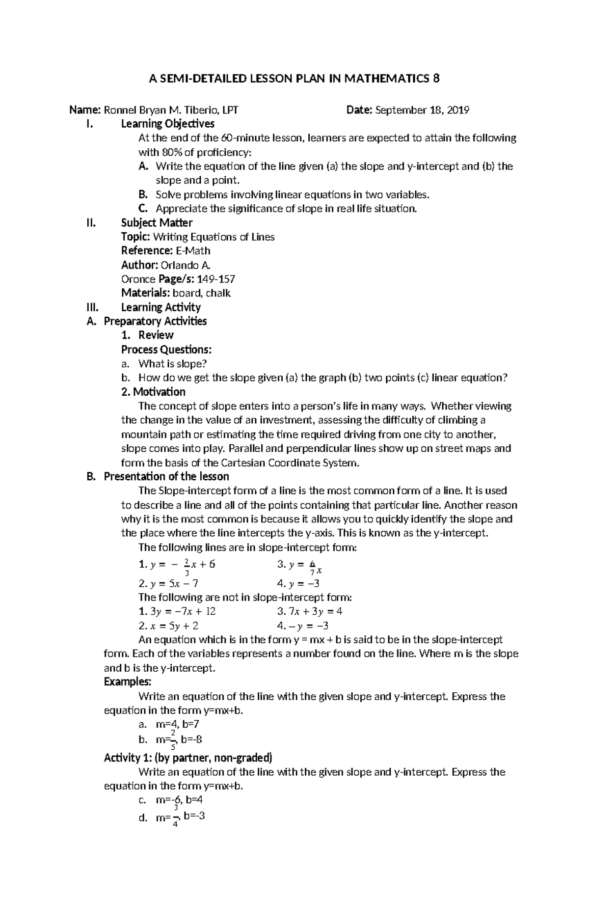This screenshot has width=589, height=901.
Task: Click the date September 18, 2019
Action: coord(422,110)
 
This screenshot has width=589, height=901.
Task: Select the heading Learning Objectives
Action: coord(167,123)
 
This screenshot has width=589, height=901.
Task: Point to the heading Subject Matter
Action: coord(157,222)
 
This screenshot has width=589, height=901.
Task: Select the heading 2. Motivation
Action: coord(153,392)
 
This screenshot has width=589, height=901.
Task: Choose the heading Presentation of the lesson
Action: coord(166,476)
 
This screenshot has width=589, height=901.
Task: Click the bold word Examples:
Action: coord(128,682)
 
